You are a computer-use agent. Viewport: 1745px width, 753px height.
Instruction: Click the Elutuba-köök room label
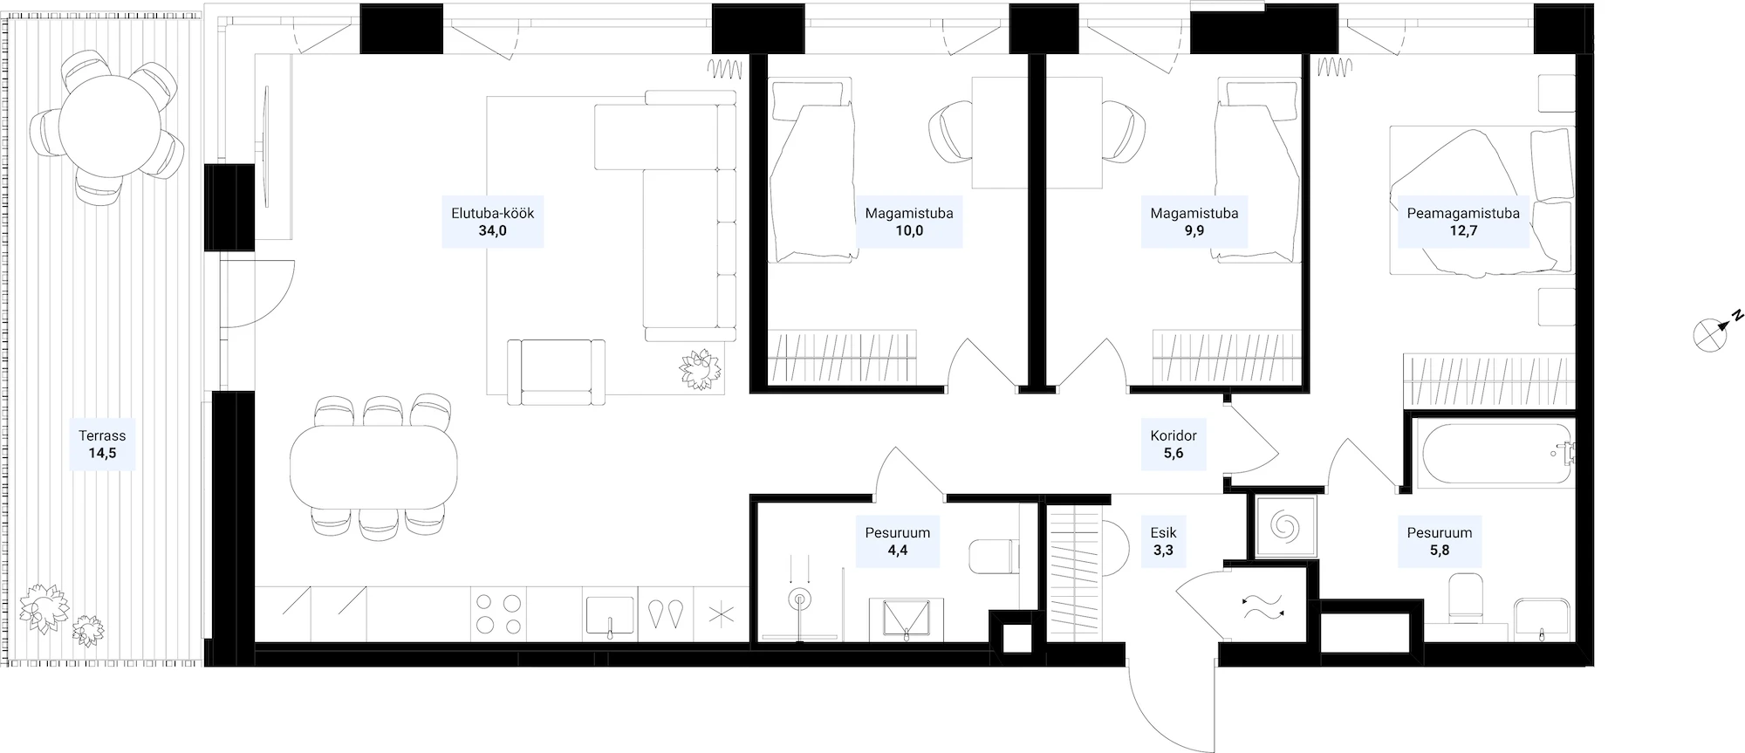tap(492, 213)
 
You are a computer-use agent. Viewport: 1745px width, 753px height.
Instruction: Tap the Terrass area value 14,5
tap(102, 454)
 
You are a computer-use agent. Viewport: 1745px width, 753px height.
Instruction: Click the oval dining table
tap(373, 467)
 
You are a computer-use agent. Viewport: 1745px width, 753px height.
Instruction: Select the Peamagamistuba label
tap(1462, 213)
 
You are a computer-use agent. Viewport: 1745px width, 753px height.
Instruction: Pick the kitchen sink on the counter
tap(610, 614)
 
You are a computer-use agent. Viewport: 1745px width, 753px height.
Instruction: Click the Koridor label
tap(1174, 435)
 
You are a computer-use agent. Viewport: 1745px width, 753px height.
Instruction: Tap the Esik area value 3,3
tap(1163, 551)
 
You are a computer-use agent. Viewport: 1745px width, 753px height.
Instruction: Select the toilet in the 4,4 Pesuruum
tap(994, 556)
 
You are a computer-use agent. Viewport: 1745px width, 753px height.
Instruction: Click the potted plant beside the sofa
tap(701, 369)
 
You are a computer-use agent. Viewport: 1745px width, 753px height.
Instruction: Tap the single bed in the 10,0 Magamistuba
tap(811, 171)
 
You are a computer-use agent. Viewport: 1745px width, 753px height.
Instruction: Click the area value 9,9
tap(1194, 231)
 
